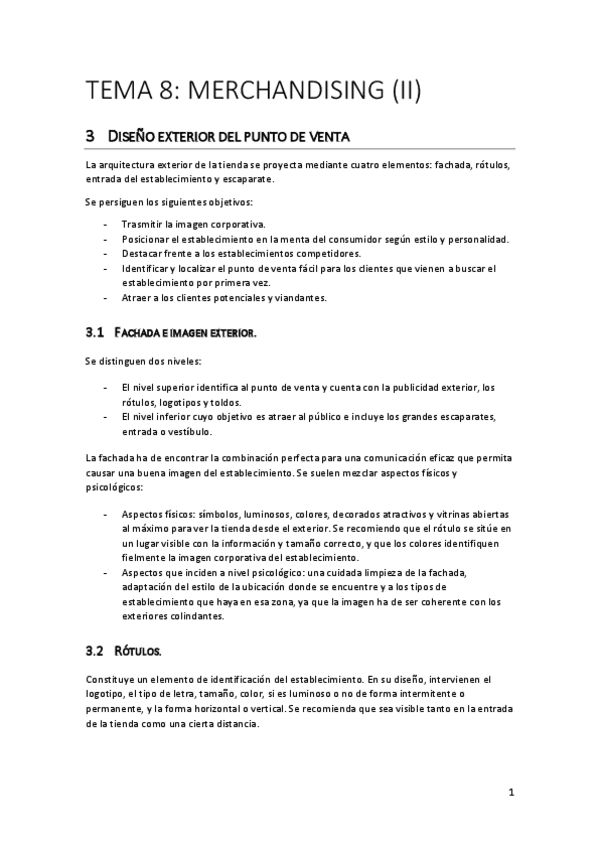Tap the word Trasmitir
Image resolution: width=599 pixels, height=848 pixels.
146,224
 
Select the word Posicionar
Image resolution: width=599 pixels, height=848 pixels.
151,239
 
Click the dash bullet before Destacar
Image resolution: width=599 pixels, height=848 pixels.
106,254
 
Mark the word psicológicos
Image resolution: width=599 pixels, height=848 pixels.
115,488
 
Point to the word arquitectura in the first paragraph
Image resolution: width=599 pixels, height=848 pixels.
133,165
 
